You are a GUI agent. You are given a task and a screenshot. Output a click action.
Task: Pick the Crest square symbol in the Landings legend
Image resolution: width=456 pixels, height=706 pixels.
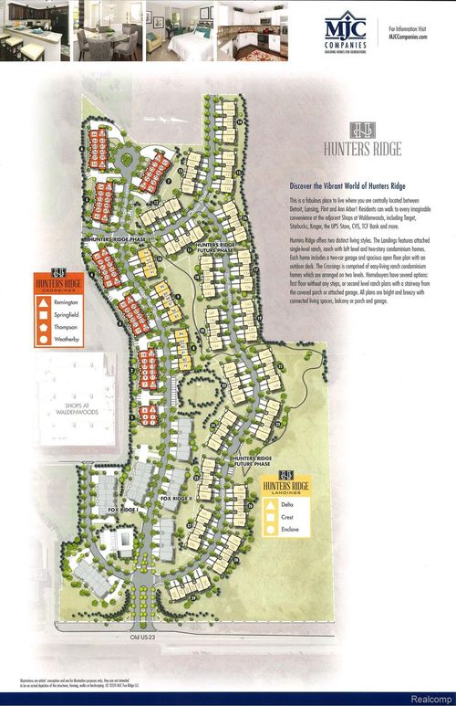pyautogui.click(x=271, y=516)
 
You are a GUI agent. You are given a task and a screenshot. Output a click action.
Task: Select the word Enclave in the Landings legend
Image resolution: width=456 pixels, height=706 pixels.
pyautogui.click(x=289, y=529)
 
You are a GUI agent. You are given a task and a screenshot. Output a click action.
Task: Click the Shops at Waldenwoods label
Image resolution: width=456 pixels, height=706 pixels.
pyautogui.click(x=69, y=406)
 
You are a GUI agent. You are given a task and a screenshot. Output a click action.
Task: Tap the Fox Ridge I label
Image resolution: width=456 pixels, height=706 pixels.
pyautogui.click(x=124, y=509)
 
